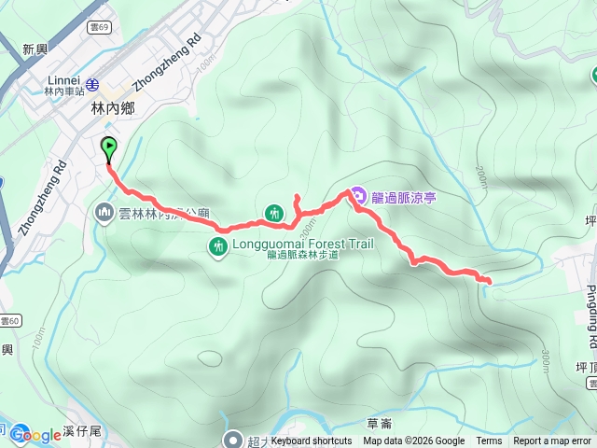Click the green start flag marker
coord(108,147)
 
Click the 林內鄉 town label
coord(113,108)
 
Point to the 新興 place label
coord(35,49)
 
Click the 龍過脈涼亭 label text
coord(404,197)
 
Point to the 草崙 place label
coord(380,423)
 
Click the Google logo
coord(35,435)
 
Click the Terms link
coord(489,441)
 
